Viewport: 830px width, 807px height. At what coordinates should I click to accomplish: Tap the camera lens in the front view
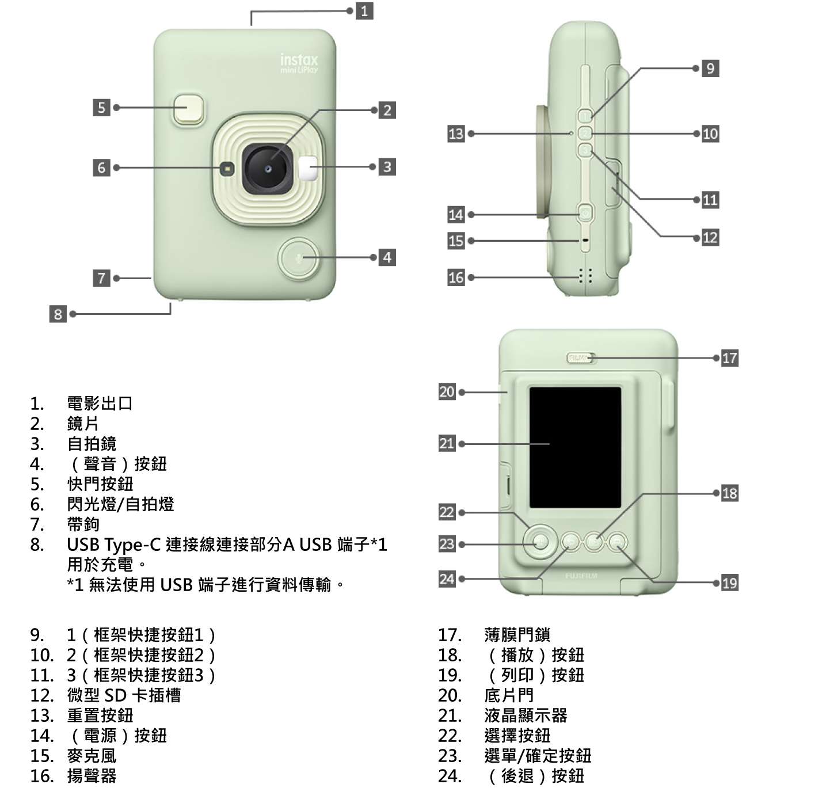coord(268,169)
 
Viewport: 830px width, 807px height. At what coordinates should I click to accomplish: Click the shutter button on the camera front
coord(188,108)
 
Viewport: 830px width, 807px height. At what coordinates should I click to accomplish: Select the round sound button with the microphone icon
coord(298,258)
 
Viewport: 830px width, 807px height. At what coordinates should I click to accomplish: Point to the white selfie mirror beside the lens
coord(309,167)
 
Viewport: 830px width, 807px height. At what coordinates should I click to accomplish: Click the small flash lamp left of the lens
coord(227,169)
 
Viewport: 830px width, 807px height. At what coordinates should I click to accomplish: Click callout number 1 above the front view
coord(364,10)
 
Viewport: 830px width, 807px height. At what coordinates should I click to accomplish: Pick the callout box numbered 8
coord(57,314)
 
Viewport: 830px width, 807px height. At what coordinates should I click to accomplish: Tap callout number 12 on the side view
coord(710,237)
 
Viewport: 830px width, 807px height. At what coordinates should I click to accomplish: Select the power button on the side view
coord(585,214)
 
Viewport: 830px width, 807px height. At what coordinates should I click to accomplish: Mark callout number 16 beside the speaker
coord(456,277)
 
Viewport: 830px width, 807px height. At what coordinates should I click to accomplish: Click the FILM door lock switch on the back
coord(580,358)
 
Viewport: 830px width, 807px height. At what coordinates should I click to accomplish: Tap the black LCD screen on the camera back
coord(575,447)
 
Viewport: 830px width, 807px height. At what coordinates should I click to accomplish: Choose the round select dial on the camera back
coord(539,542)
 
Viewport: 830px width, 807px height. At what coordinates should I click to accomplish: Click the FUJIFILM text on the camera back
coord(581,576)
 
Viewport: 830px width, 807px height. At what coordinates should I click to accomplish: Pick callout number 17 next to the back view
coord(729,358)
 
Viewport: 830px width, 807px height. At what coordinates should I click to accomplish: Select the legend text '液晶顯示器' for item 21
coord(526,715)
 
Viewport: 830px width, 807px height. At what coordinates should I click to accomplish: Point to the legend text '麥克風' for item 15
coord(92,756)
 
